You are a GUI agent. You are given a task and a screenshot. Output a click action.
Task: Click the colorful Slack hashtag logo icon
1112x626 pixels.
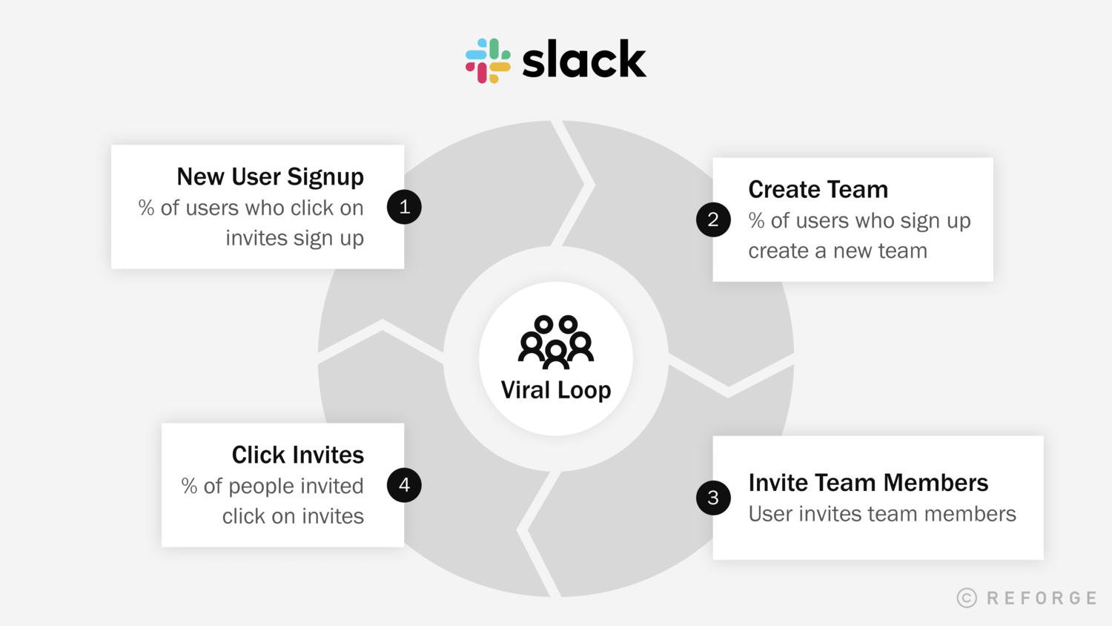click(x=488, y=61)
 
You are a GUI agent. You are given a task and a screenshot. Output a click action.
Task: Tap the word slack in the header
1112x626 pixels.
click(x=584, y=61)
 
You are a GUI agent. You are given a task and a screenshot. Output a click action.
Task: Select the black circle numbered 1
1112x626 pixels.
click(x=404, y=207)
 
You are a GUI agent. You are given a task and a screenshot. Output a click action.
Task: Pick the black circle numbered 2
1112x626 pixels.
click(x=713, y=220)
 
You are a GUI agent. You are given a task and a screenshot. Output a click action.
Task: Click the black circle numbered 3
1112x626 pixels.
click(x=713, y=498)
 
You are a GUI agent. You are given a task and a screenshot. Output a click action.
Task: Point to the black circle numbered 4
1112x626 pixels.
click(x=404, y=485)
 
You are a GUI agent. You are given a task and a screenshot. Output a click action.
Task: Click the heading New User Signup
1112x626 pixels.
click(x=270, y=177)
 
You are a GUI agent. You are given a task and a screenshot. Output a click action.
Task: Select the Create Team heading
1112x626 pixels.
click(x=818, y=189)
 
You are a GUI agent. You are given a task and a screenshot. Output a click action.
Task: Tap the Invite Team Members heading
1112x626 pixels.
click(x=868, y=483)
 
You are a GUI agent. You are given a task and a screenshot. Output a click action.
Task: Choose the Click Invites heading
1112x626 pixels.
click(x=297, y=455)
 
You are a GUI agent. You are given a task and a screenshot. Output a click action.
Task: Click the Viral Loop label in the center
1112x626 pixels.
click(x=556, y=390)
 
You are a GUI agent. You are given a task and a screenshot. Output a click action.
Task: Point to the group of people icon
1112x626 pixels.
click(x=556, y=342)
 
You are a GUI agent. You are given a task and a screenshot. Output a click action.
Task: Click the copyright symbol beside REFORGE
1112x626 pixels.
click(x=967, y=598)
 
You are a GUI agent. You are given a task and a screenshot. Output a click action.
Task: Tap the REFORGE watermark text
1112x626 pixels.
click(x=1042, y=598)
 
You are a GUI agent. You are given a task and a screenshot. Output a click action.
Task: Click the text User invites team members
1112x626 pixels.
click(x=882, y=514)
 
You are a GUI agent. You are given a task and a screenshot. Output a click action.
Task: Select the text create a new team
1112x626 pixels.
click(x=838, y=251)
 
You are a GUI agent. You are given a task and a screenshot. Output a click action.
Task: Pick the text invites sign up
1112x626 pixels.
click(x=294, y=238)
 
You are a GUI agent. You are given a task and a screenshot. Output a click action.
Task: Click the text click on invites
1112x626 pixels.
click(x=293, y=516)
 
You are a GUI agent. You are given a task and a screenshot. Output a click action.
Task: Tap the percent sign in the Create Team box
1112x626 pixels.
click(x=756, y=220)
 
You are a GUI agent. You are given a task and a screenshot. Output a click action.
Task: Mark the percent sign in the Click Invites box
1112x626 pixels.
click(x=189, y=486)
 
